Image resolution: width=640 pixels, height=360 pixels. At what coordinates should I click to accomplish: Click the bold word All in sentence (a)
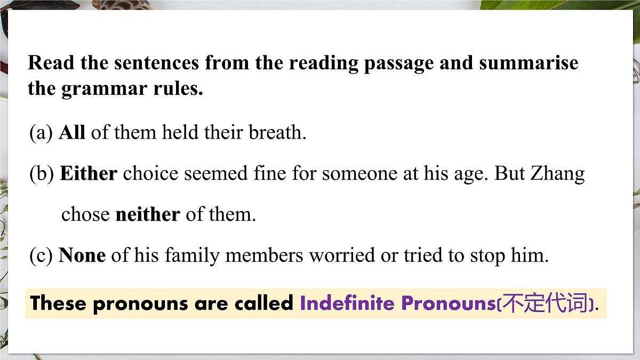tap(71, 132)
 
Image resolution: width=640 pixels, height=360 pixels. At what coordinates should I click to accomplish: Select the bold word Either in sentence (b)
tap(89, 174)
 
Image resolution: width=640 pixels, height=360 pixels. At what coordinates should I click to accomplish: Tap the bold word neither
tap(148, 214)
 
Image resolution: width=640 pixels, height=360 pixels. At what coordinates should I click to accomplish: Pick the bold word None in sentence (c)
tap(82, 255)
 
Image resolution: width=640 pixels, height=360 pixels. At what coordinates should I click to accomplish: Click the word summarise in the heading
tap(528, 63)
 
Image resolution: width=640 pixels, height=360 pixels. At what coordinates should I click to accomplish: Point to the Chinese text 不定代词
tap(545, 303)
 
